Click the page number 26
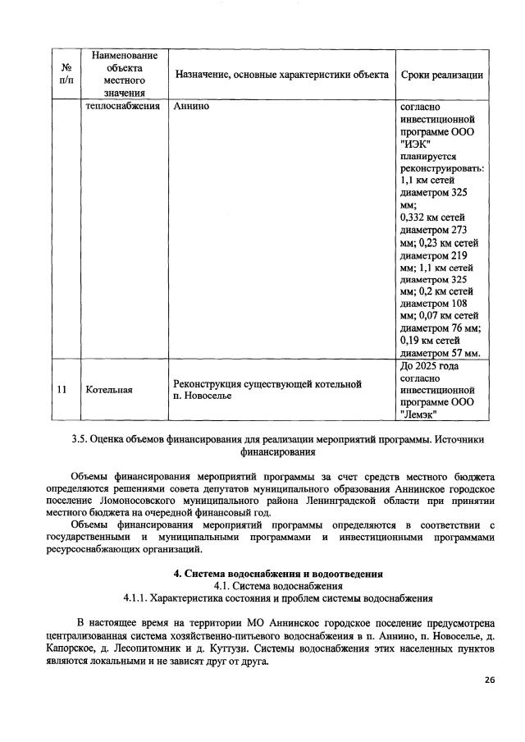[489, 680]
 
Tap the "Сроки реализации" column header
[441, 75]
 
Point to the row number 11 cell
[62, 389]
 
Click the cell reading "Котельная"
[109, 389]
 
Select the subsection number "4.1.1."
[140, 598]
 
